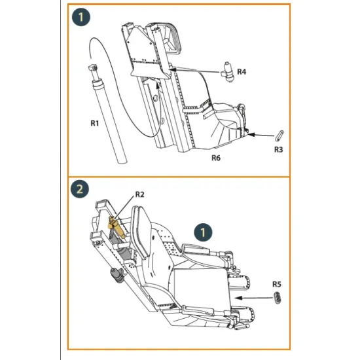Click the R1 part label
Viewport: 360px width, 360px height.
click(94, 121)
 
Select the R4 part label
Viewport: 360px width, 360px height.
click(242, 71)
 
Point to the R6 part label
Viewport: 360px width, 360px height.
click(215, 158)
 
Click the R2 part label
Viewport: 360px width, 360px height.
click(139, 194)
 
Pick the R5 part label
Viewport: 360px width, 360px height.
click(278, 285)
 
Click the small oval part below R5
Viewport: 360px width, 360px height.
click(277, 298)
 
